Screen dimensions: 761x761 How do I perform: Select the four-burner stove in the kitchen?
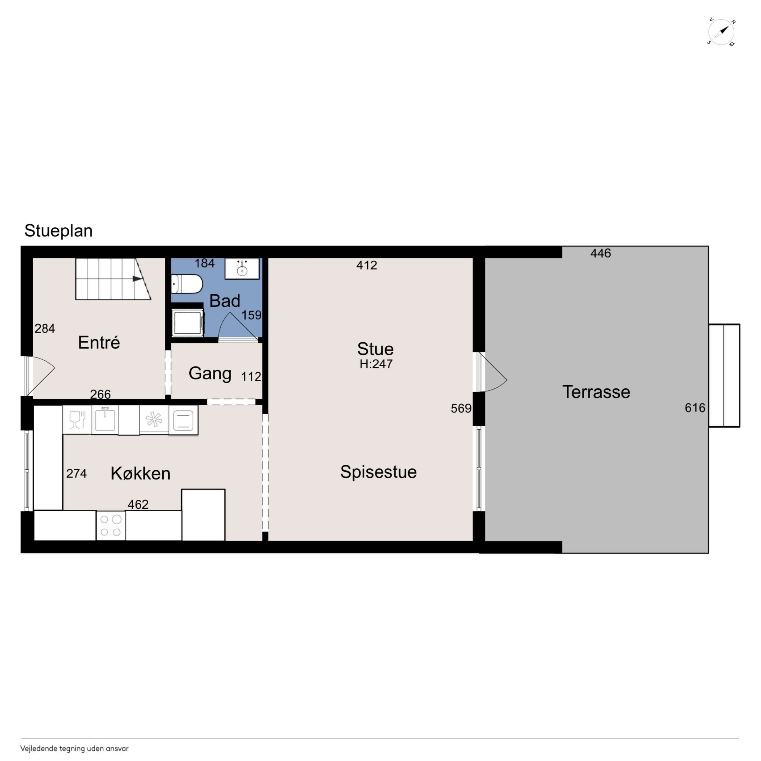click(x=111, y=525)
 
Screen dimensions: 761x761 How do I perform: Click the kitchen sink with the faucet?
click(x=105, y=420)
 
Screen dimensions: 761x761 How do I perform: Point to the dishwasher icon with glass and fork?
click(x=77, y=420)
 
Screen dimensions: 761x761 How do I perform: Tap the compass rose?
click(x=721, y=32)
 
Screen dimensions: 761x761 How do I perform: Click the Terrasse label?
click(x=596, y=392)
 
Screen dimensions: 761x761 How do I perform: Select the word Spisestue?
click(x=378, y=472)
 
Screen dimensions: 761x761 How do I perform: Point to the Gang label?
click(x=210, y=373)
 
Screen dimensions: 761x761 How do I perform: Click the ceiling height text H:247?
click(x=376, y=364)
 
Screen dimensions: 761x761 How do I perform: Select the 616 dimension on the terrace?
click(x=695, y=408)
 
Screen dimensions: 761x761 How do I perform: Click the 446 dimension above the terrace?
click(x=601, y=253)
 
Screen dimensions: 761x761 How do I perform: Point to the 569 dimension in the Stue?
click(x=461, y=409)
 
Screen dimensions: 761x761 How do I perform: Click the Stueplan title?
click(x=58, y=231)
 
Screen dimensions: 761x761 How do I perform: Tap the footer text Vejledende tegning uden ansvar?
click(x=74, y=748)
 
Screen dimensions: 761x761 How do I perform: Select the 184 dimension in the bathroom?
click(x=204, y=263)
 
